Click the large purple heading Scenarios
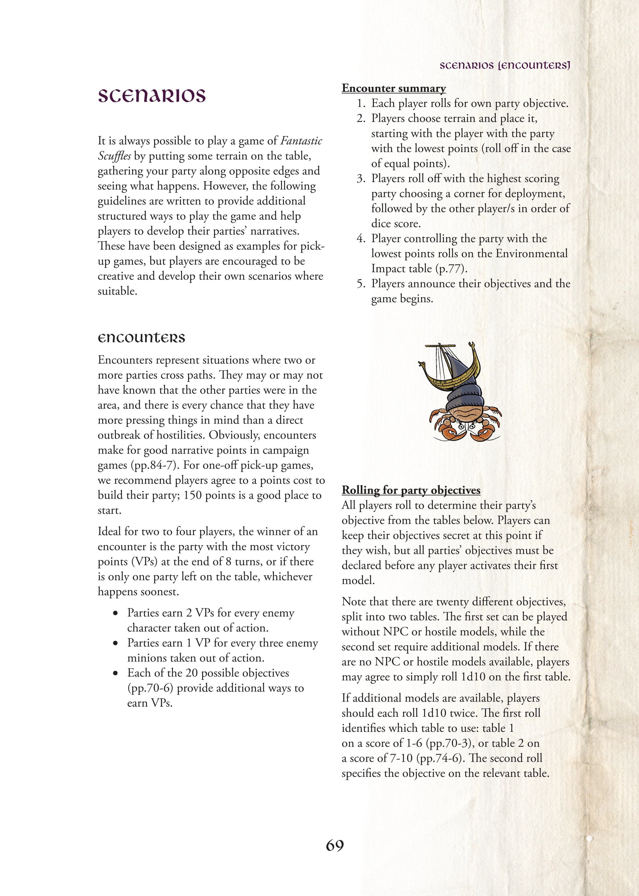[151, 96]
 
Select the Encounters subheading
[141, 338]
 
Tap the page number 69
[335, 845]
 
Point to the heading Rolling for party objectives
[411, 490]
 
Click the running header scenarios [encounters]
[505, 65]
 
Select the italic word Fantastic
[301, 141]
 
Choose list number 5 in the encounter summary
[361, 284]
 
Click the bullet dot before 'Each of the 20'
[115, 673]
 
